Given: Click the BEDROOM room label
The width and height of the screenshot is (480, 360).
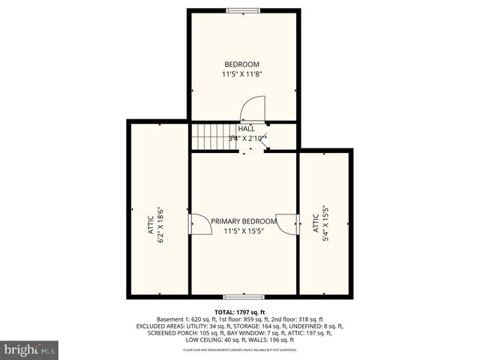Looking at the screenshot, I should [241, 64].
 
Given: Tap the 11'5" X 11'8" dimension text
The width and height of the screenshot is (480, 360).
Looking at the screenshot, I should [241, 74].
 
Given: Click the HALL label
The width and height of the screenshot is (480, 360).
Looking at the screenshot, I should [247, 129].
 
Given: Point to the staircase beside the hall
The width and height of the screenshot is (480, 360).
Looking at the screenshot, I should [209, 136].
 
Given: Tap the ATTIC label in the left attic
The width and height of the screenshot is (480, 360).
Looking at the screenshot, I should [151, 224].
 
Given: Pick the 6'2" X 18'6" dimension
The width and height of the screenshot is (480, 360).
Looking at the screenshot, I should [160, 224].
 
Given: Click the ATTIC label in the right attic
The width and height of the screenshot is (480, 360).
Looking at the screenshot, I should [315, 226].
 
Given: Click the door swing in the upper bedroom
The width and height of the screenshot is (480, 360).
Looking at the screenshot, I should [253, 110].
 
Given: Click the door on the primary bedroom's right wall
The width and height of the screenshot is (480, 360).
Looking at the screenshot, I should [287, 224].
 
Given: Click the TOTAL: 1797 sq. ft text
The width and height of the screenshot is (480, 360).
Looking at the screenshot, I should [240, 311].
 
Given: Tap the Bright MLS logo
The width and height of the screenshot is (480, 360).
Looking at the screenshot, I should [30, 349].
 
